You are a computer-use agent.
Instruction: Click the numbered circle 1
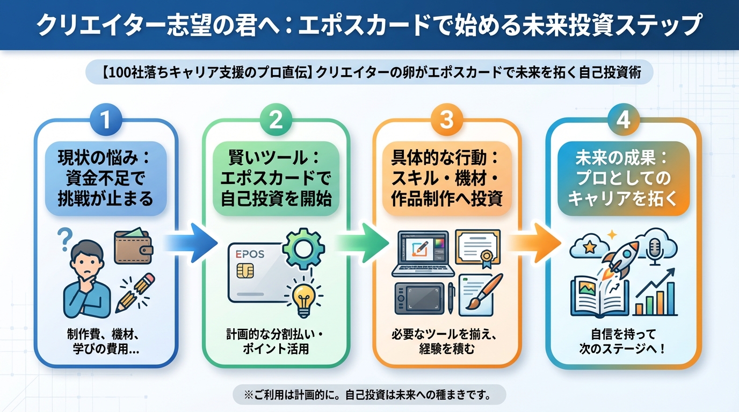pyautogui.click(x=106, y=120)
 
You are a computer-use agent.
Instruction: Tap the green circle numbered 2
pyautogui.click(x=276, y=120)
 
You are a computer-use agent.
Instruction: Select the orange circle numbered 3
pyautogui.click(x=447, y=120)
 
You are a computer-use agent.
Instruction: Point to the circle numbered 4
pyautogui.click(x=623, y=120)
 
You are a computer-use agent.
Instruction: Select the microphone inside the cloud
pyautogui.click(x=656, y=248)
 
